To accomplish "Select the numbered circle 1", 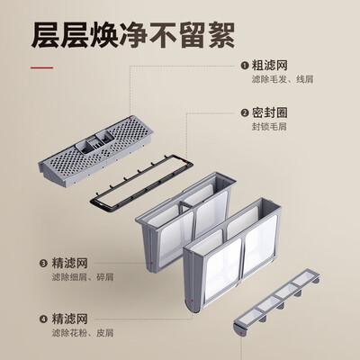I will pyautogui.click(x=244, y=66).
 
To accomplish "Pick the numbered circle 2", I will pyautogui.click(x=244, y=113).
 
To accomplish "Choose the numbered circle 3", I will pyautogui.click(x=42, y=264).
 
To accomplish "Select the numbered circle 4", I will pyautogui.click(x=42, y=318).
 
